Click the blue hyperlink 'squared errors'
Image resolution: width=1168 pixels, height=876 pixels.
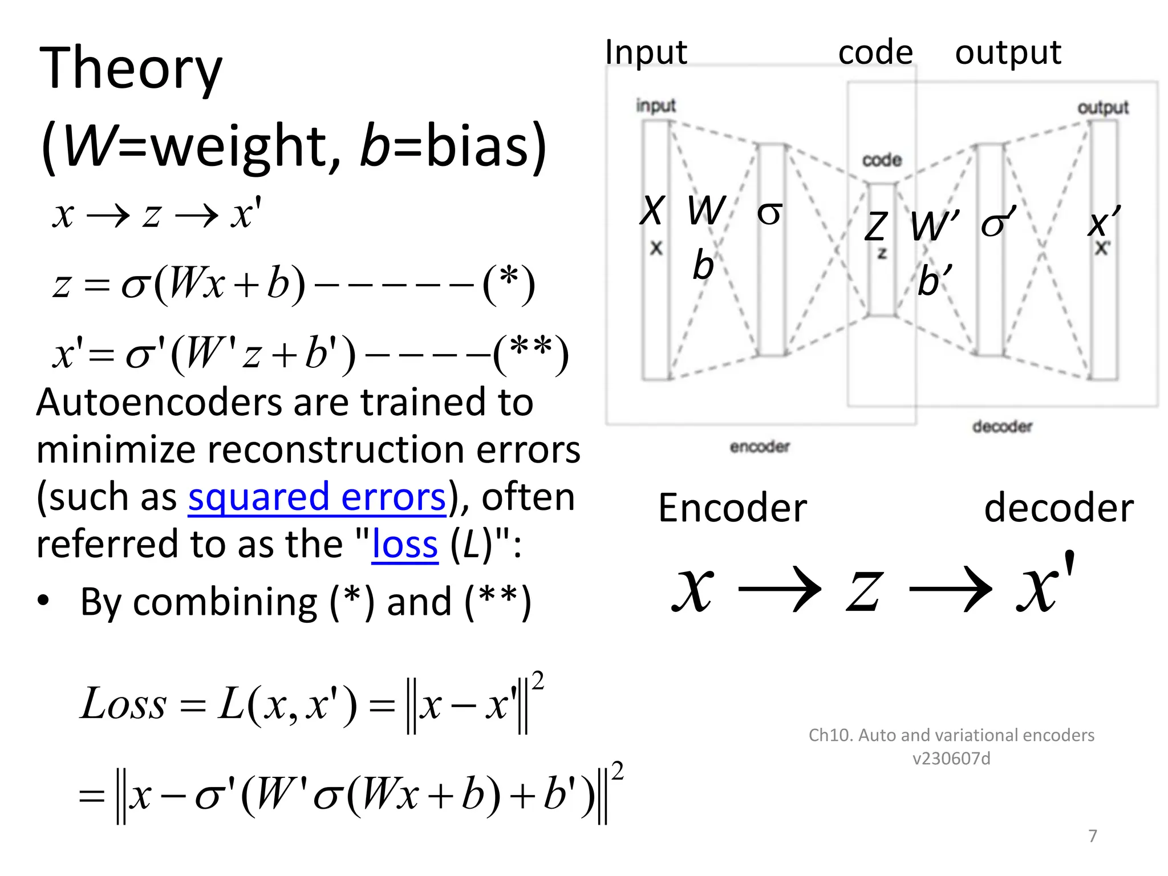click(317, 497)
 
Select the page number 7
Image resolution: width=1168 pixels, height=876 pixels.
click(1092, 836)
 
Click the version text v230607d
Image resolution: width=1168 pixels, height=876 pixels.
click(951, 759)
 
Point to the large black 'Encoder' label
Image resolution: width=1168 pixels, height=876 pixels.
click(732, 508)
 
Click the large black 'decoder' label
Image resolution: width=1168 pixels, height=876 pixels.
click(1058, 508)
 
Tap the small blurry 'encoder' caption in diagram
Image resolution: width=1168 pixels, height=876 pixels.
click(760, 447)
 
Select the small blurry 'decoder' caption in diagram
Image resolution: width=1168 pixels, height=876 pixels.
click(1002, 427)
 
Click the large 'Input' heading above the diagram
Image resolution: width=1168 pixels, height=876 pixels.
click(646, 52)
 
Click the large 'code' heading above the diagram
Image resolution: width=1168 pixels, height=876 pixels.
click(875, 53)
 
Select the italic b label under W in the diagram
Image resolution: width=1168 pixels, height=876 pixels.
click(703, 266)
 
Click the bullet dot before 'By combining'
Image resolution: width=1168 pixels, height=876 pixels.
click(43, 601)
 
